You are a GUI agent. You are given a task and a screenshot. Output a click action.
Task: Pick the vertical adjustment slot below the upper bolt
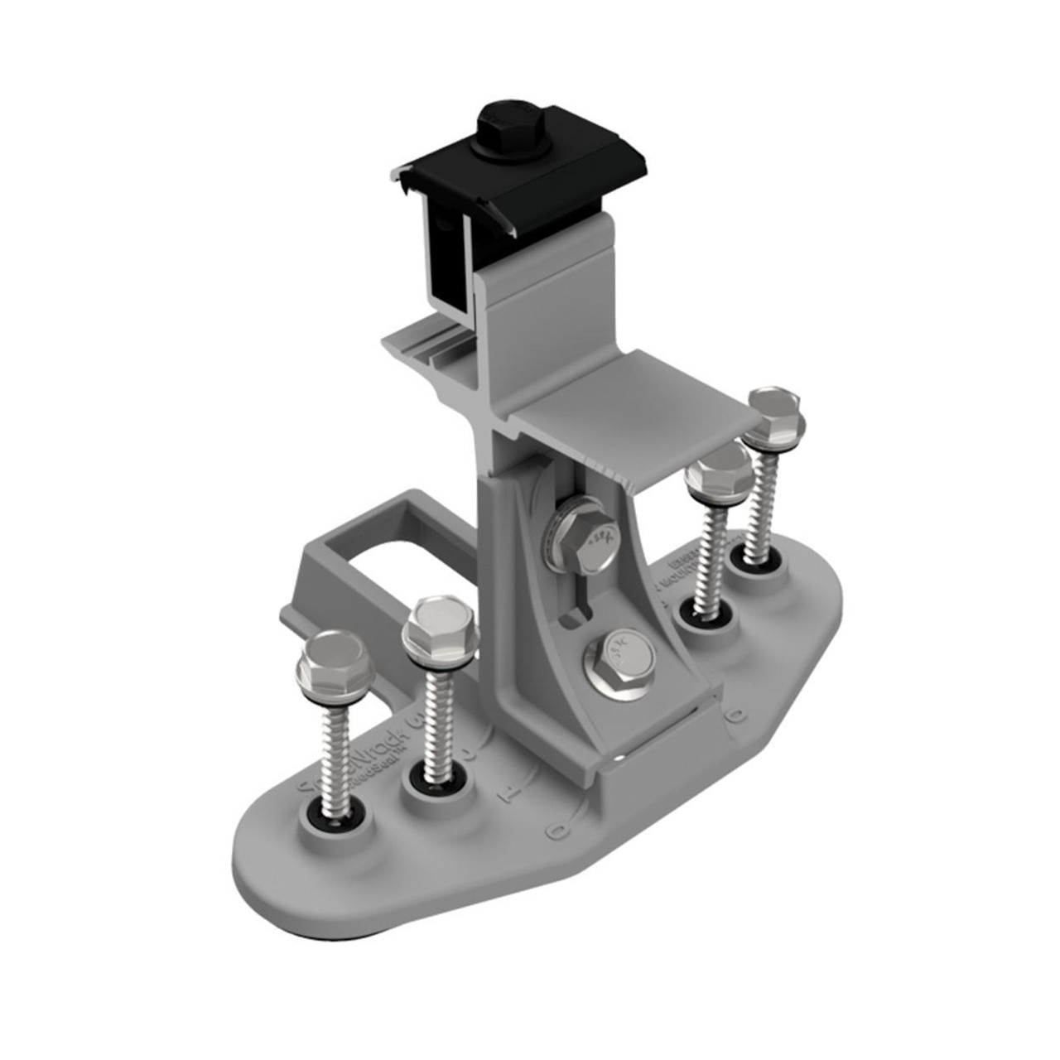[576, 609]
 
